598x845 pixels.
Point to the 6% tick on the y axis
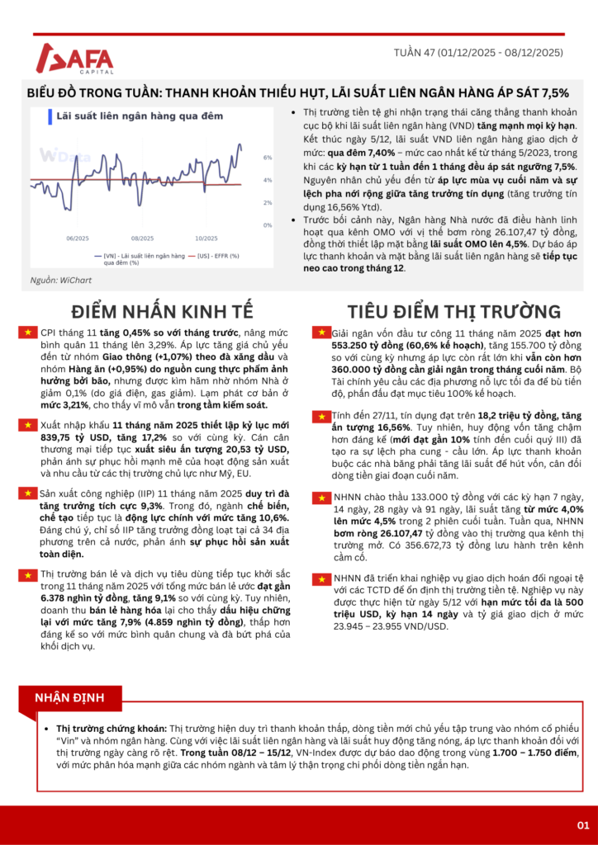tap(268, 157)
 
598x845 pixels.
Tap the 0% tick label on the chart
tap(268, 224)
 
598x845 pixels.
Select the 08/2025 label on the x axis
tap(143, 238)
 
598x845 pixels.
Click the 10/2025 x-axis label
tap(206, 238)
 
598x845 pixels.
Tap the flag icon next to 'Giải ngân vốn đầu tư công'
tap(320, 333)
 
